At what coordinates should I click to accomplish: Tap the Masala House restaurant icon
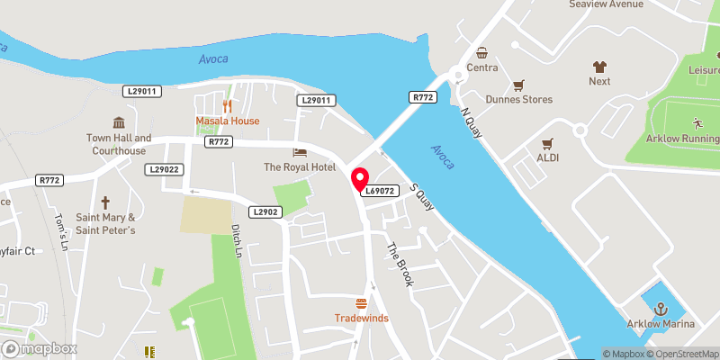(x=228, y=105)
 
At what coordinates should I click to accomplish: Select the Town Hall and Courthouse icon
(x=117, y=122)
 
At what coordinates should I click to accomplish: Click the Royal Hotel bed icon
(x=300, y=152)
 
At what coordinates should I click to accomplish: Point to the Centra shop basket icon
(x=483, y=52)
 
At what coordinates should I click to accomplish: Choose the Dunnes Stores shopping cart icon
(x=517, y=85)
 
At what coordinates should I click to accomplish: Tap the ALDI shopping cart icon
(x=546, y=143)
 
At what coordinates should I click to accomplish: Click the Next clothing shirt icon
(x=599, y=66)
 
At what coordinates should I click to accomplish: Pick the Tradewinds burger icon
(x=362, y=302)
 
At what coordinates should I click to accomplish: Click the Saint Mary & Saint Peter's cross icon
(x=105, y=202)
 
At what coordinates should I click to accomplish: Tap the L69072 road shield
(x=380, y=191)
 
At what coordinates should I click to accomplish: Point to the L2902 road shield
(x=267, y=211)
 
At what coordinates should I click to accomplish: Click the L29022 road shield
(x=166, y=169)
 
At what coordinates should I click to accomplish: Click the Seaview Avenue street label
(x=606, y=4)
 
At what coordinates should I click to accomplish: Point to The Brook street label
(x=400, y=265)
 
